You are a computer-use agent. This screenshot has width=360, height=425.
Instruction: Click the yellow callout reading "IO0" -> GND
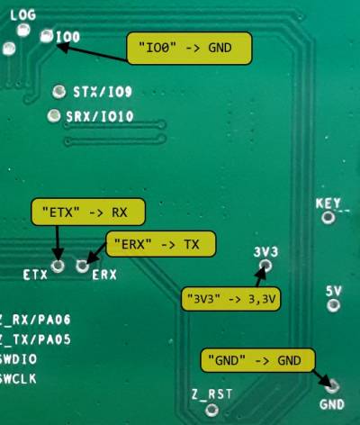(189, 48)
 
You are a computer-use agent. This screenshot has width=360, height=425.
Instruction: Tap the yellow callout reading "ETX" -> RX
(88, 212)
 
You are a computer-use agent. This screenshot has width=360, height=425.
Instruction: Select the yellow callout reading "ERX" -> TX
(161, 244)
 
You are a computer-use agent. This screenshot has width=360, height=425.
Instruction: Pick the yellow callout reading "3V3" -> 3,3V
(230, 299)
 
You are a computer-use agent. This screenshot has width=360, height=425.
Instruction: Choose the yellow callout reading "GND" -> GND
(257, 360)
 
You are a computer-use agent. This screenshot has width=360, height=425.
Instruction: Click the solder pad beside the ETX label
(58, 266)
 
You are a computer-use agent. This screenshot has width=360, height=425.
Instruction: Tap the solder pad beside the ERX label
(82, 266)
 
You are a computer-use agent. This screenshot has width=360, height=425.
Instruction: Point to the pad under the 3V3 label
(265, 265)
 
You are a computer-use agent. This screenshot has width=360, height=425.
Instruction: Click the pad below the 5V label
(333, 305)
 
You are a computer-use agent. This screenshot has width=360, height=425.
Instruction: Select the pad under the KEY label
(328, 217)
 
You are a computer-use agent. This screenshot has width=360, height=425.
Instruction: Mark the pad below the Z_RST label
(212, 410)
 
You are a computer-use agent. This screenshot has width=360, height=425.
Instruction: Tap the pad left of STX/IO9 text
(59, 91)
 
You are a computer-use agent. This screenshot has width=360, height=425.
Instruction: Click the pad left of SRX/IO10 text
(54, 115)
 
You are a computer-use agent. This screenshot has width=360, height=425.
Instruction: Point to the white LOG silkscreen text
(23, 14)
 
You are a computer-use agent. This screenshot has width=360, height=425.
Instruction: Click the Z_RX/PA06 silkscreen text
(35, 320)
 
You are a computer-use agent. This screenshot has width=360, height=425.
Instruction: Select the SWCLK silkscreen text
(18, 379)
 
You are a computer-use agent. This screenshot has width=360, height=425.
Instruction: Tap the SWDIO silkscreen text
(18, 359)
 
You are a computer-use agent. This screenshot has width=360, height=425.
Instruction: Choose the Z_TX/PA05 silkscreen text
(35, 339)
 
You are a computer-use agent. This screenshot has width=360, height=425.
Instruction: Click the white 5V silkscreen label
(334, 291)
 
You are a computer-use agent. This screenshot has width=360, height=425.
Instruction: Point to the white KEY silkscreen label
(328, 203)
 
